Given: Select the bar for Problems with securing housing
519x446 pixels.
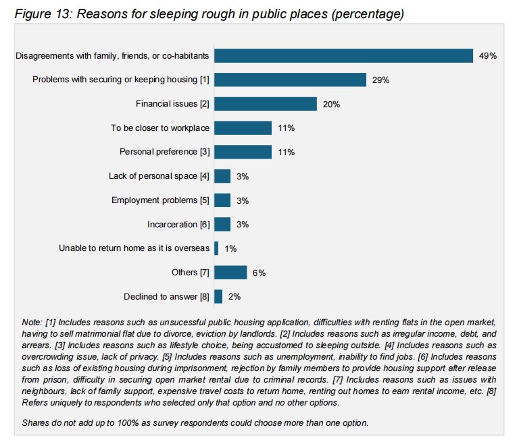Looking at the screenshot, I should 290,80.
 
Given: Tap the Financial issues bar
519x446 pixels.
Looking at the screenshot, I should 265,104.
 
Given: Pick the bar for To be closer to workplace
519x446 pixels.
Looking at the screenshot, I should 243,128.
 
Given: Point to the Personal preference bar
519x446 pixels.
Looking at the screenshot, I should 243,152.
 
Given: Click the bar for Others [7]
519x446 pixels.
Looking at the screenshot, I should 230,272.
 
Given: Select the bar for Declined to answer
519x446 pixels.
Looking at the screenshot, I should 218,296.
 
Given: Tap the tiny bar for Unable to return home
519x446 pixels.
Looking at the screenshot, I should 216,248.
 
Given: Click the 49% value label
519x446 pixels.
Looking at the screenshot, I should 488,56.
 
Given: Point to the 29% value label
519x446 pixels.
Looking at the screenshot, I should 380,80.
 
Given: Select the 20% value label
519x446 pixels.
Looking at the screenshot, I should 331,105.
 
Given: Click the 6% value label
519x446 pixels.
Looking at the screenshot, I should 259,273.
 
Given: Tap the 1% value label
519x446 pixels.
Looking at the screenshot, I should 230,249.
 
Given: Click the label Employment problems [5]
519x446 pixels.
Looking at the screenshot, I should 161,200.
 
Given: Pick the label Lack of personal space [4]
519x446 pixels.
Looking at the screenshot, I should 159,176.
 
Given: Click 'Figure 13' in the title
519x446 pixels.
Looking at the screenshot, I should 42,14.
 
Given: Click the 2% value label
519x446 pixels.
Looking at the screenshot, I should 234,297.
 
